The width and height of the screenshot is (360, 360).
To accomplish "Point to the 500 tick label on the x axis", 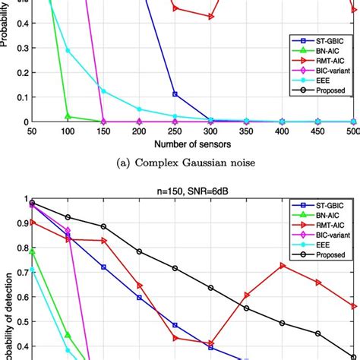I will [x=352, y=131].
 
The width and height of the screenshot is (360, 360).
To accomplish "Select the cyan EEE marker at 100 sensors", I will [x=68, y=50].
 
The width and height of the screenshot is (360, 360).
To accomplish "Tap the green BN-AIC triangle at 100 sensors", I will [x=68, y=116].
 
